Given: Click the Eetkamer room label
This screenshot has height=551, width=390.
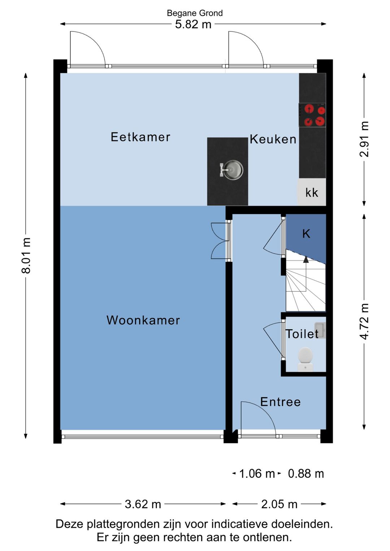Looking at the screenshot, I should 140,137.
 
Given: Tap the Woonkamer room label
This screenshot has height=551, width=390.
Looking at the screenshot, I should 143,320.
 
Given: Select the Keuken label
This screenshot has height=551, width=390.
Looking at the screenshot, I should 273,139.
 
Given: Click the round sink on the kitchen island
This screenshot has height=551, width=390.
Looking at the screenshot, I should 232,170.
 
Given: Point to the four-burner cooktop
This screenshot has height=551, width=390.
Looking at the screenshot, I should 312,115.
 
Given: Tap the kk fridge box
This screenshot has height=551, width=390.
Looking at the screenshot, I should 312,193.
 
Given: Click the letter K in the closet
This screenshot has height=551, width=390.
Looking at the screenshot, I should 306,234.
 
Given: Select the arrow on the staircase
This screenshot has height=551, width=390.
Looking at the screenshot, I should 306,260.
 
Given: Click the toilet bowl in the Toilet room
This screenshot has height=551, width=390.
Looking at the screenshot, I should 305,356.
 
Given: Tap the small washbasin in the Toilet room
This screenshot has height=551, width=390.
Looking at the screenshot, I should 320,330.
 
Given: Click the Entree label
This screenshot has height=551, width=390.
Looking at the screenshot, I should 281,402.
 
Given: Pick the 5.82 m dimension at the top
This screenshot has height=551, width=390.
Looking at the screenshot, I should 193,25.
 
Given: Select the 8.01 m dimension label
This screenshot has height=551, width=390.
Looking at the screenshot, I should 26,255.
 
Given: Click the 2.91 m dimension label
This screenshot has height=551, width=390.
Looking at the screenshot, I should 364,139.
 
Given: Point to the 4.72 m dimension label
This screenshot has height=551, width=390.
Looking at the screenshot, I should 364,321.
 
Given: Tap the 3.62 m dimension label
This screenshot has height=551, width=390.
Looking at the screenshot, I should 143,504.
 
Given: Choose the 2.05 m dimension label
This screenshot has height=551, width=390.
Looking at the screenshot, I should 279,504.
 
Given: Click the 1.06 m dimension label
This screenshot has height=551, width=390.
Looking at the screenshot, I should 257,474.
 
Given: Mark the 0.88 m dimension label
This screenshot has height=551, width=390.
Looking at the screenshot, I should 306,474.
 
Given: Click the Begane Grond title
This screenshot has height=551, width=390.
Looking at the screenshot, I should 195,13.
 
